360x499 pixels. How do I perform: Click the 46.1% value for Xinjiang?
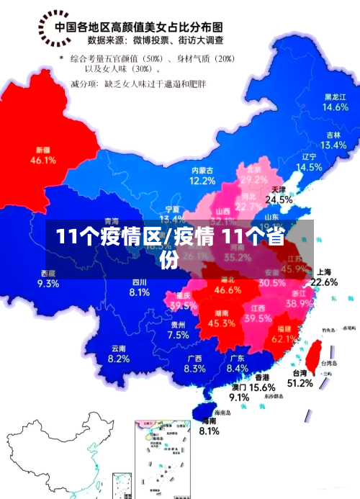click(43, 161)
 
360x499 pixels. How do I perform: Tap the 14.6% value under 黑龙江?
click(336, 107)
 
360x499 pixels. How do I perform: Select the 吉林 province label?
click(333, 135)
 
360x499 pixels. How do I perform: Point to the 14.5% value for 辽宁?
click(309, 167)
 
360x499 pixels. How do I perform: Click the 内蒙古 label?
click(203, 170)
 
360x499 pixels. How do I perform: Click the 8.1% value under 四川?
click(140, 292)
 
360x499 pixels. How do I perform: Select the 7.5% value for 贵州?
click(178, 335)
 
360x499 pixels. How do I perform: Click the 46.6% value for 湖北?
click(228, 290)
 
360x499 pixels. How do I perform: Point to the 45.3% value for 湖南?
click(221, 324)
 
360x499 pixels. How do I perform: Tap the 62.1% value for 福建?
click(286, 338)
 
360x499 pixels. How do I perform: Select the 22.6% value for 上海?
click(324, 282)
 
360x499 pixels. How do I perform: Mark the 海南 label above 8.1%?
click(209, 421)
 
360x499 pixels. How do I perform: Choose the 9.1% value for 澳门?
click(239, 397)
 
